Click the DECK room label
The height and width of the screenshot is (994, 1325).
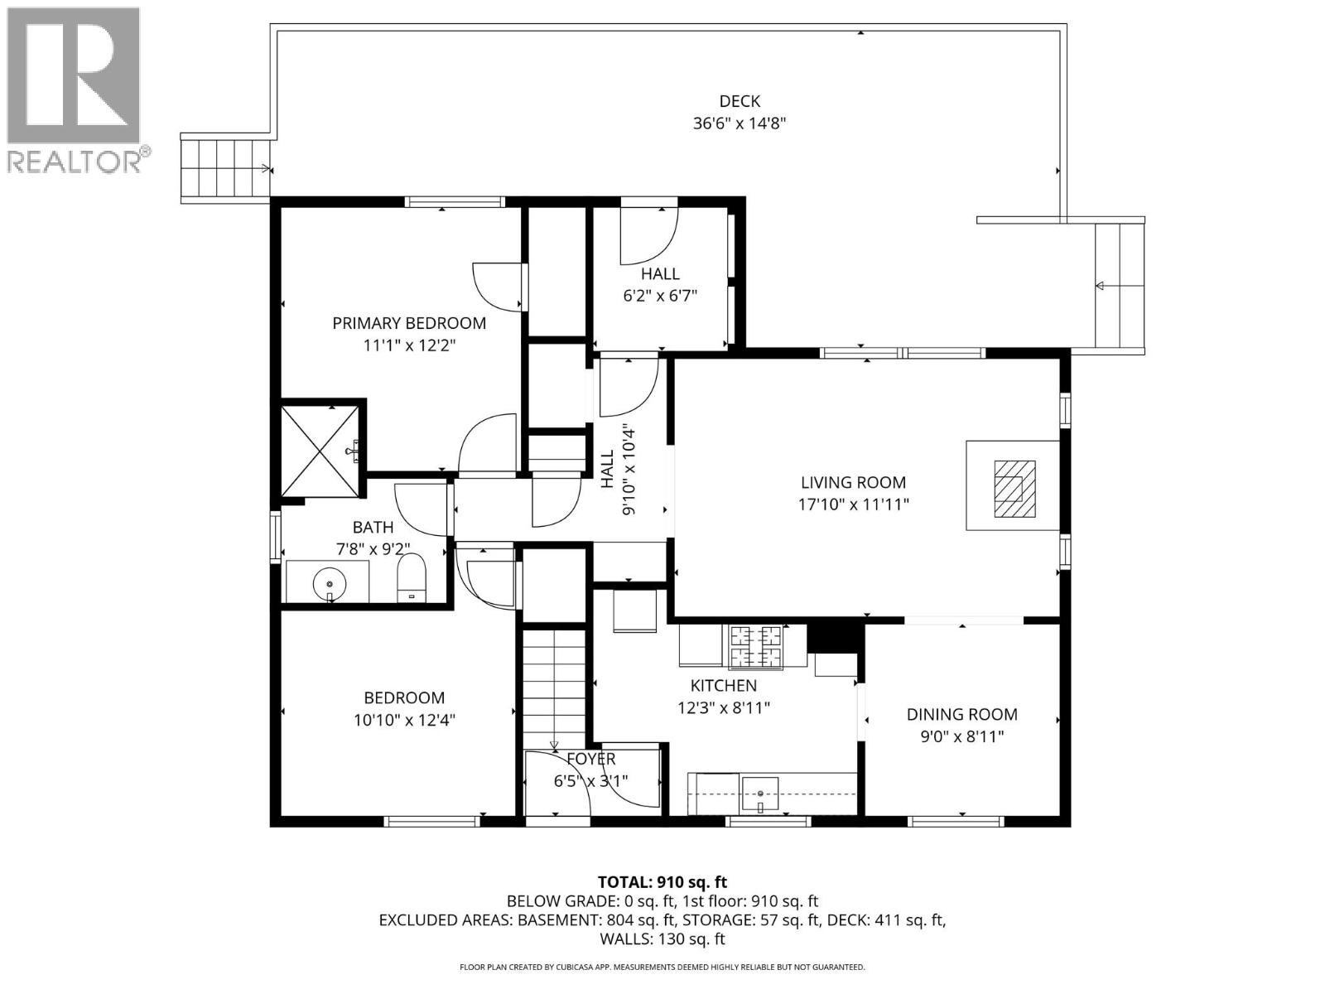(x=739, y=101)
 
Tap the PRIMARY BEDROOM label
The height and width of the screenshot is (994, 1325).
(x=409, y=323)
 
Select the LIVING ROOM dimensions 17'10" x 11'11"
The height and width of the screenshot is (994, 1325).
(x=853, y=504)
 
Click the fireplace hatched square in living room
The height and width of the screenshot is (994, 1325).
(x=1014, y=488)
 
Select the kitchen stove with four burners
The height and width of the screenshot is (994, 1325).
(x=754, y=646)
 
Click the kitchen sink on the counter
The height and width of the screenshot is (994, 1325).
(x=760, y=792)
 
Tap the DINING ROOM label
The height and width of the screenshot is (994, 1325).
(x=961, y=714)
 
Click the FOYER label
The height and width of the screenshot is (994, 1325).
(x=591, y=759)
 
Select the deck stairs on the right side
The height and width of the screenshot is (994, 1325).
(x=1120, y=286)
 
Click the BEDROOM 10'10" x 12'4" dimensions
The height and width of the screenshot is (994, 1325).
(x=404, y=720)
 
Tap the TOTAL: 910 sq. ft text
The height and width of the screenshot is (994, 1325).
(x=662, y=882)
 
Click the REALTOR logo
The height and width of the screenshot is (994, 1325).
(x=75, y=89)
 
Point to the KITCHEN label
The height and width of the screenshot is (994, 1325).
(x=723, y=686)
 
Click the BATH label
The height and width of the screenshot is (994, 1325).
(x=373, y=527)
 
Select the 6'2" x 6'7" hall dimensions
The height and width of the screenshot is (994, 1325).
(x=660, y=295)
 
